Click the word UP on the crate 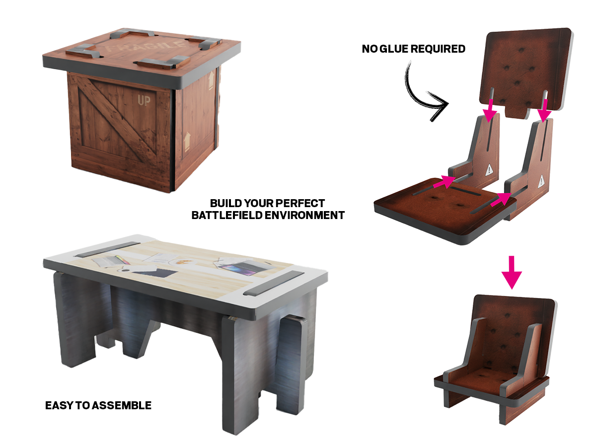[x=144, y=101]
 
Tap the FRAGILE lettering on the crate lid [x=145, y=46]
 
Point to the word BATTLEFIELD [x=226, y=215]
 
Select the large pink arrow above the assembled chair [x=512, y=273]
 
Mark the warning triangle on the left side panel [x=489, y=170]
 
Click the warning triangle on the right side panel [x=541, y=181]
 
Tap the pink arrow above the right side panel [x=544, y=111]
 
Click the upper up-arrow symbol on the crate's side [x=211, y=80]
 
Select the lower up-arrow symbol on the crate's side [x=187, y=142]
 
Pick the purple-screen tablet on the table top [x=239, y=266]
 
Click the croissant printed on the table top [x=181, y=261]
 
